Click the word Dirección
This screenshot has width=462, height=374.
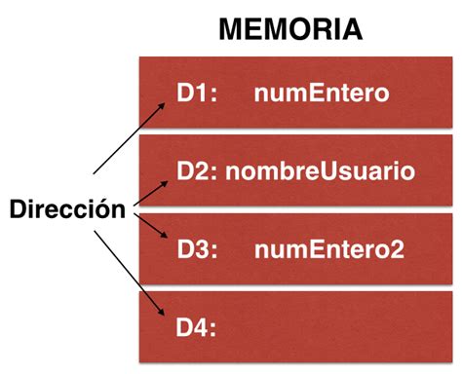point(67,208)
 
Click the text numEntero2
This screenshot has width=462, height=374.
point(327,248)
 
